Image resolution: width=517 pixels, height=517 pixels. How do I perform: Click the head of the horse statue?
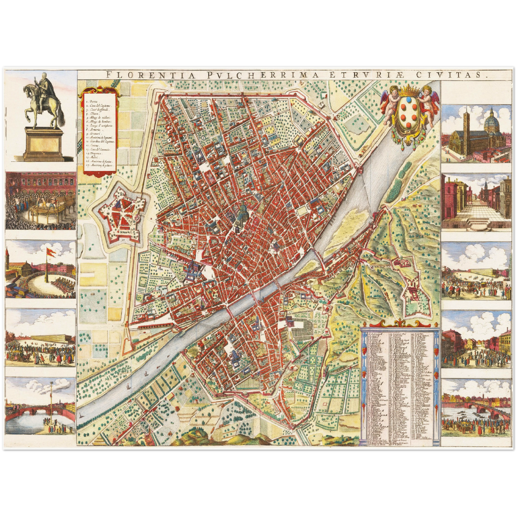click(x=26, y=90)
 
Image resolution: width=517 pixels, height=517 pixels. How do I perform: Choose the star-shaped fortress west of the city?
click(x=121, y=219)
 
